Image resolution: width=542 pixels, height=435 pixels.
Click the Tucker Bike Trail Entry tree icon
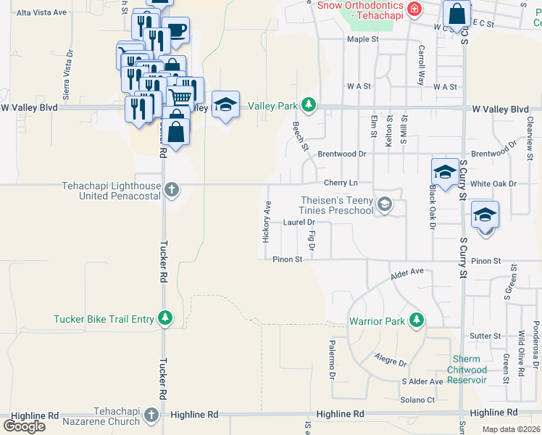coord(166,318)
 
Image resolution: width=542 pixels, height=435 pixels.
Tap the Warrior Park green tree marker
coord(416,320)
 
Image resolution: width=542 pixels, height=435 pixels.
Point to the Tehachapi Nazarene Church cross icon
coord(151,415)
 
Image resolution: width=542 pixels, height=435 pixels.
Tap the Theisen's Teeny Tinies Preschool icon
coord(385,205)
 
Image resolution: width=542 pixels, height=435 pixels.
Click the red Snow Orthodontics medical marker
coord(414,9)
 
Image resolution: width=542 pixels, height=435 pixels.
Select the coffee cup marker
coord(176,30)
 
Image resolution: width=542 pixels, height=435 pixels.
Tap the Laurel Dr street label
coord(299,223)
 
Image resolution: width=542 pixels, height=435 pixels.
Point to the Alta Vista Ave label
coord(41,12)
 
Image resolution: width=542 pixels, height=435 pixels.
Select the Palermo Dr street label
coord(332,360)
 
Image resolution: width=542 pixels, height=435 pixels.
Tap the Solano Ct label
coord(417,399)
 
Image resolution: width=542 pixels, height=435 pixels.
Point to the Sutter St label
coord(485,336)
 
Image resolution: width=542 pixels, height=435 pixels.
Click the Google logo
coord(25,426)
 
